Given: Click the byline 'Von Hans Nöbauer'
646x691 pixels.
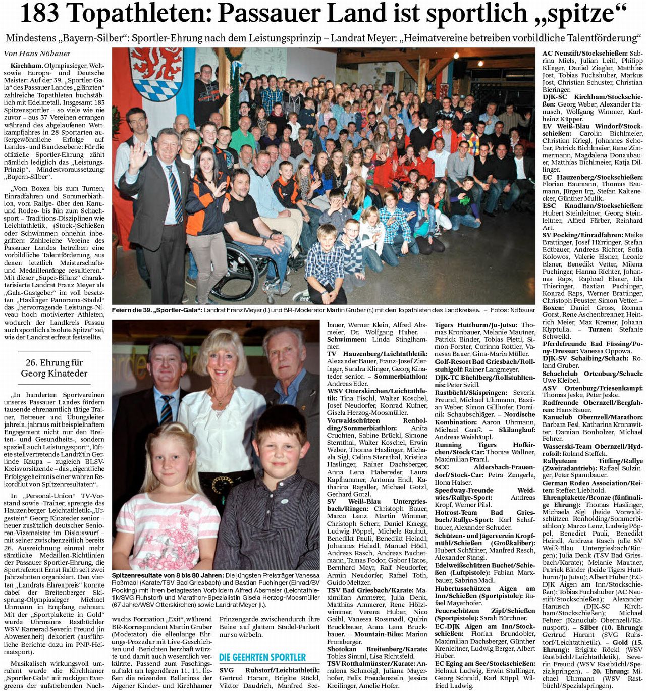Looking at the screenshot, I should point(37,54).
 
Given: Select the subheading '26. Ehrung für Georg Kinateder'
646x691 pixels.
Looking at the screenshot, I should point(54,368).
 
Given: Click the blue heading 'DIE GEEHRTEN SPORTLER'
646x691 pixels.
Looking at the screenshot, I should point(262,657).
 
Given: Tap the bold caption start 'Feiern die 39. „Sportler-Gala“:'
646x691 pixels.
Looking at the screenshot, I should point(156,310).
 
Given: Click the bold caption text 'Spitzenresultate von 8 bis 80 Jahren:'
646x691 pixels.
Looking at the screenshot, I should point(167,575).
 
